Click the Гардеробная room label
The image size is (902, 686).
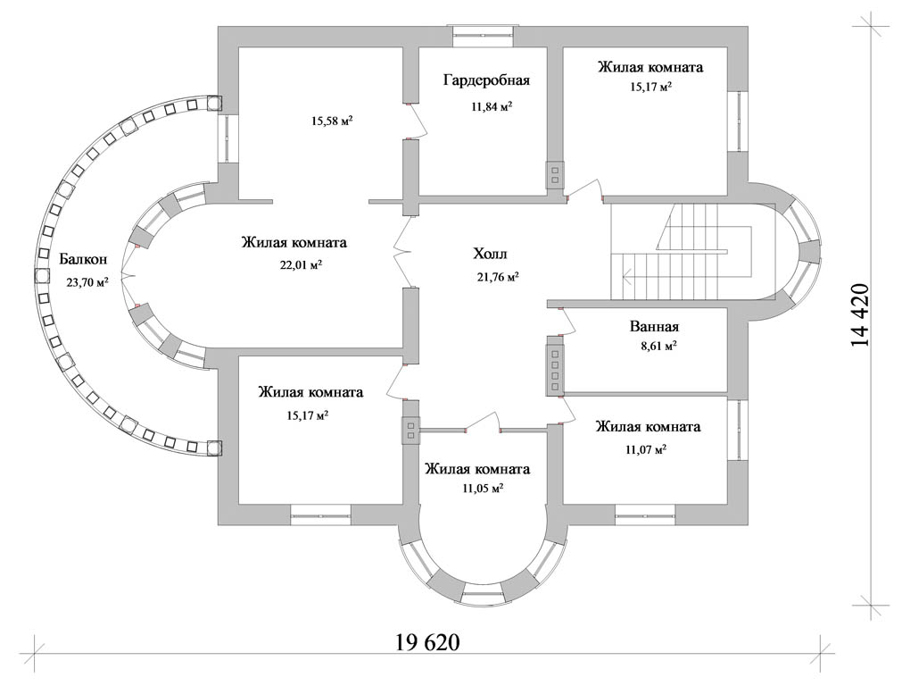(x=486, y=80)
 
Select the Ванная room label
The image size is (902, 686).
(x=654, y=326)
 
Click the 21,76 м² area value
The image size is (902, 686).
(x=498, y=277)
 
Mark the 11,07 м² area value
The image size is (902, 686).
(x=648, y=449)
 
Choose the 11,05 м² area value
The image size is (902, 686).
(x=483, y=489)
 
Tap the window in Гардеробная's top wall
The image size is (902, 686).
(x=482, y=35)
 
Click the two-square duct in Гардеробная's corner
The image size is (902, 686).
(x=555, y=175)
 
